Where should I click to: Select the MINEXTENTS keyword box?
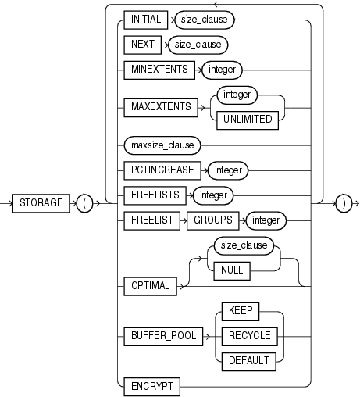tap(158, 70)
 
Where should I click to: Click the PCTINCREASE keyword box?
tap(159, 168)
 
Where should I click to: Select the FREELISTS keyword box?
tap(154, 195)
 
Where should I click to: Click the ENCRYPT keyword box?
tap(150, 385)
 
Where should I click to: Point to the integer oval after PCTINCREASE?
tap(226, 168)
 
